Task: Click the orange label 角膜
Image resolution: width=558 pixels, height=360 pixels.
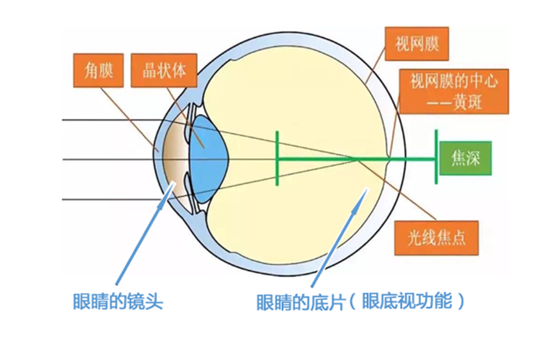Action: [98, 71]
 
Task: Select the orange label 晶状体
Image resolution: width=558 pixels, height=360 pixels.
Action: [164, 71]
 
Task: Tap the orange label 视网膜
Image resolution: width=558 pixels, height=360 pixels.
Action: [416, 44]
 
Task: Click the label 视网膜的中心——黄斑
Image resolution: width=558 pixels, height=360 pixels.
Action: [453, 91]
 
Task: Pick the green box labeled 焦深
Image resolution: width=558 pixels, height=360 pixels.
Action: [466, 158]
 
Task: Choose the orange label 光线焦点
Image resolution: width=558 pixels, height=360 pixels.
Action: [436, 238]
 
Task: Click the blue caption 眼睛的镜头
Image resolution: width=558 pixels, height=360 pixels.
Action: [118, 302]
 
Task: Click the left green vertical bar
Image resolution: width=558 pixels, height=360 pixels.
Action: [277, 158]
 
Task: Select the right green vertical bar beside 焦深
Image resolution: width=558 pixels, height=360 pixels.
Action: [436, 157]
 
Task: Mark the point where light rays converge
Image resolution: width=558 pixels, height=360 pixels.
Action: [356, 159]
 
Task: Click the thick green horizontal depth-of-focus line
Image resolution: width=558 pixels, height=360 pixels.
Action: [320, 159]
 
